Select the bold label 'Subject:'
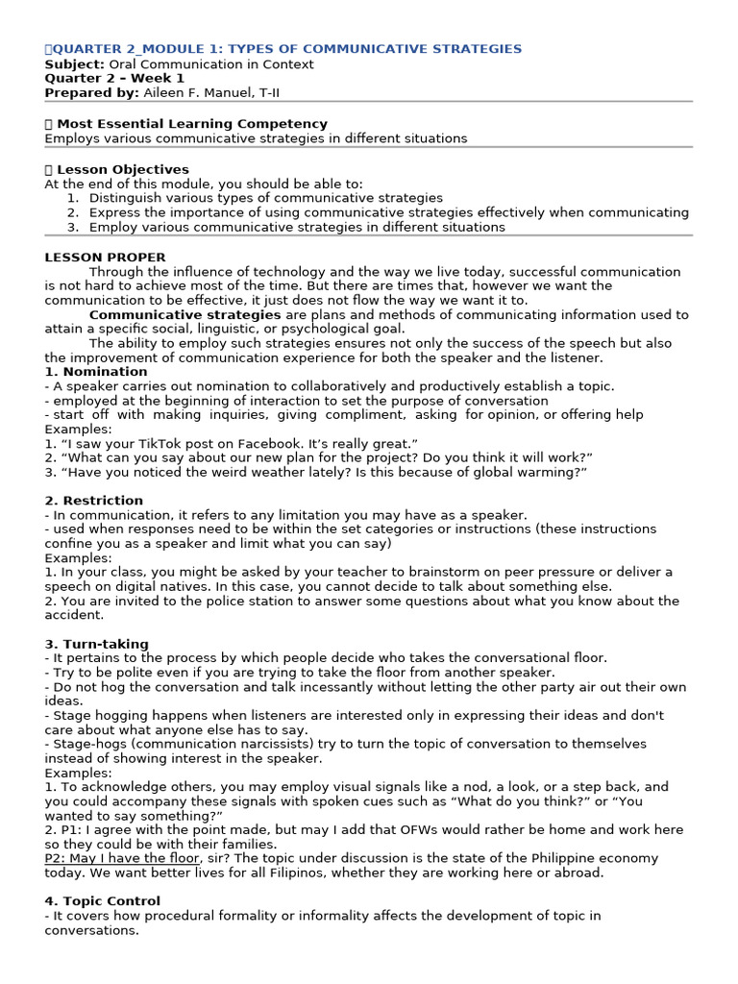[x=72, y=64]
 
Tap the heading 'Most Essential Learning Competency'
[x=192, y=124]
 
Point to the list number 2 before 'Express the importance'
[x=72, y=212]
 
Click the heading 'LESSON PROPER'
[x=105, y=258]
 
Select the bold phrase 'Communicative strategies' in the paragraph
[x=184, y=314]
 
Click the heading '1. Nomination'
[x=96, y=372]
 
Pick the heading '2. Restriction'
[x=93, y=501]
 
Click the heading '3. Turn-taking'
[x=96, y=644]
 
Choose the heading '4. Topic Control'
[x=103, y=901]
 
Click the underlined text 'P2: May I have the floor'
[x=122, y=858]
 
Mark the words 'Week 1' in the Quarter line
[x=160, y=78]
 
